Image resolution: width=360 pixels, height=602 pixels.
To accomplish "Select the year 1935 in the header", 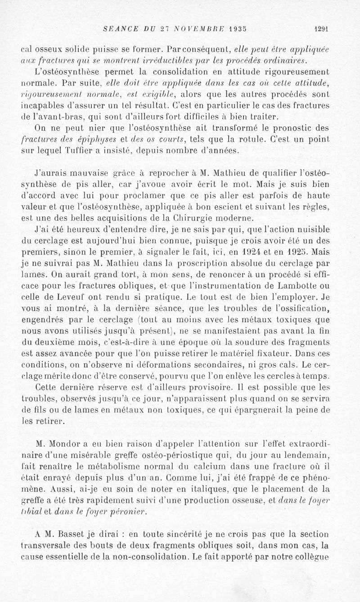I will pyautogui.click(x=226, y=27).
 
